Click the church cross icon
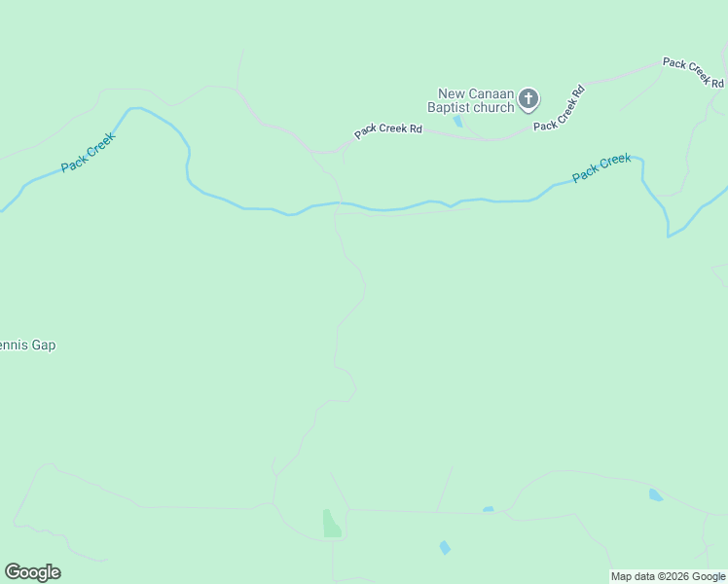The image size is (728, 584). click(x=528, y=98)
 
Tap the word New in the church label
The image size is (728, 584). click(x=453, y=93)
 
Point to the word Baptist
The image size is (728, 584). click(x=451, y=107)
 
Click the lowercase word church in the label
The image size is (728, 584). click(x=494, y=107)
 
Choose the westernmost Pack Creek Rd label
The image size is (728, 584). click(x=388, y=129)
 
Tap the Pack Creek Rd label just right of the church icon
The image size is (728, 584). click(x=559, y=108)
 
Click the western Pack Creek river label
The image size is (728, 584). click(x=88, y=153)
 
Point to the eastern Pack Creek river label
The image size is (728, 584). click(x=601, y=167)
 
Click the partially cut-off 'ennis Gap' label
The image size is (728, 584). click(x=27, y=345)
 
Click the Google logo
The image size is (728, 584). click(x=32, y=572)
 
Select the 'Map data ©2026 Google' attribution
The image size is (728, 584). click(x=668, y=576)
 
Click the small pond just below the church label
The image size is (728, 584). click(x=457, y=121)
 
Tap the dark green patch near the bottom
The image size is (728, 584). click(x=331, y=524)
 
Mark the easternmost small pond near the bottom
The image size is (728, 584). click(x=656, y=494)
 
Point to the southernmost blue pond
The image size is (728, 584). click(x=445, y=547)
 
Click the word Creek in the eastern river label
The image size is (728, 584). click(x=614, y=163)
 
